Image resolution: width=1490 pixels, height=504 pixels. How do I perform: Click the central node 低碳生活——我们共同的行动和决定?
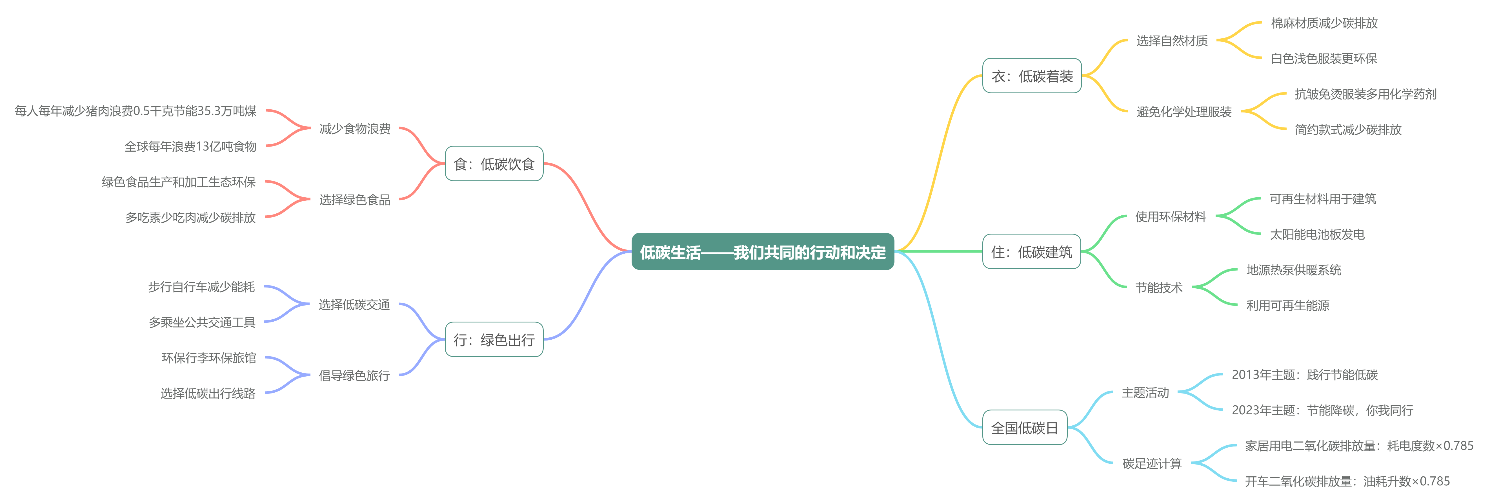point(762,252)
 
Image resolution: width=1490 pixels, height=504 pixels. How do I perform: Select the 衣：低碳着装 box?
point(1032,76)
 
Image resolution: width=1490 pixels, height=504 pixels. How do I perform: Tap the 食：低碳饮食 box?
point(494,164)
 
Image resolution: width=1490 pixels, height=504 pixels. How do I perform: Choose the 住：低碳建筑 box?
point(1031,252)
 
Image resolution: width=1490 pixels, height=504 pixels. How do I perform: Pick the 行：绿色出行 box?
point(494,340)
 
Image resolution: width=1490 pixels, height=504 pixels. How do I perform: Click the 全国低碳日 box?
point(1024,428)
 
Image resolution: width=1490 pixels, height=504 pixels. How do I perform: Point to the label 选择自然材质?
point(1172,41)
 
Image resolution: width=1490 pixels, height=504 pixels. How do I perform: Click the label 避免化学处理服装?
point(1184,112)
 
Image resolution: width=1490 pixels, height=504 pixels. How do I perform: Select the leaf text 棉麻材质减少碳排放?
point(1324,23)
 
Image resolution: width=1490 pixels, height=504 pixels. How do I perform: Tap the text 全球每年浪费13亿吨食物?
point(190,146)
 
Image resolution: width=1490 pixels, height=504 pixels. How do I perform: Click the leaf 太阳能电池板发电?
point(1317,234)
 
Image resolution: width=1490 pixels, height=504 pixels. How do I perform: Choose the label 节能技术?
point(1159,288)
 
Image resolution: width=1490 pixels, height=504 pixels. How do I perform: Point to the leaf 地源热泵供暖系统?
point(1293,270)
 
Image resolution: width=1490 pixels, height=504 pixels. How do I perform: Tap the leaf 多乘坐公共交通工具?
point(202,322)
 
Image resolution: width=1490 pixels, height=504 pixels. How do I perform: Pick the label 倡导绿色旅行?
point(354,375)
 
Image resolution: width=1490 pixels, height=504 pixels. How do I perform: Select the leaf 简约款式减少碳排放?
point(1348,130)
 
